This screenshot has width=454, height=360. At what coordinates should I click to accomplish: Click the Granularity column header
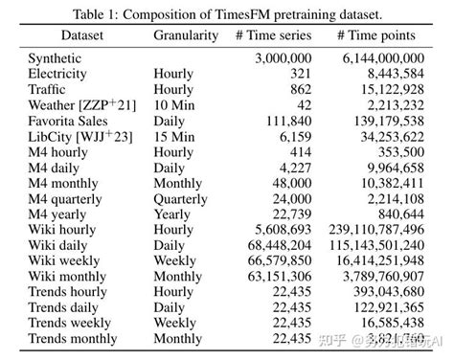pyautogui.click(x=186, y=35)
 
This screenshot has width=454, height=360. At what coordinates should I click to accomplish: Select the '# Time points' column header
pyautogui.click(x=376, y=35)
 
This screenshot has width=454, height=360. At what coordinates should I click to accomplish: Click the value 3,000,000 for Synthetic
pyautogui.click(x=284, y=58)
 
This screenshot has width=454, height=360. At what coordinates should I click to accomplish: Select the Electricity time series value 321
pyautogui.click(x=302, y=72)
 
